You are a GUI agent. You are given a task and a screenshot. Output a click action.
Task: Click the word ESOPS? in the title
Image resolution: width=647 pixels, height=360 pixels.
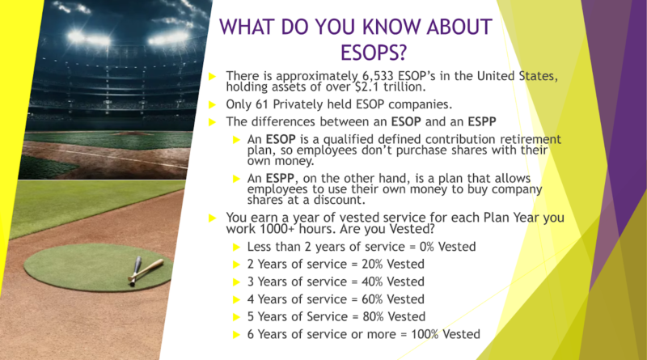[x=374, y=53]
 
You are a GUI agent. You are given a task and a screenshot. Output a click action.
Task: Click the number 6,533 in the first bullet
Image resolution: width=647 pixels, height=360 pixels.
[x=378, y=76]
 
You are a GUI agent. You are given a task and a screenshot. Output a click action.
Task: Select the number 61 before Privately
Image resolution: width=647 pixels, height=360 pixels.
[x=261, y=104]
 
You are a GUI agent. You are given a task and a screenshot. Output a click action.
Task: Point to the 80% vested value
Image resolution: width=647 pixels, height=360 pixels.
[x=373, y=316]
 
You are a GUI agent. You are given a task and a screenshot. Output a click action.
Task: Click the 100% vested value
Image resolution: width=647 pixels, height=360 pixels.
[x=425, y=334]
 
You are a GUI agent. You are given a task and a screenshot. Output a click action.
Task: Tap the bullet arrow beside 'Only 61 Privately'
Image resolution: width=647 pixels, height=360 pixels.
[x=213, y=104]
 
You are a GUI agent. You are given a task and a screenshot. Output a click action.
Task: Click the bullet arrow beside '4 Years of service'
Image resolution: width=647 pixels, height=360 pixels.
[x=236, y=299]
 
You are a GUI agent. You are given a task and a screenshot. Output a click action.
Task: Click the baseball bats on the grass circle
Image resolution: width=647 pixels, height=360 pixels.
[x=145, y=270]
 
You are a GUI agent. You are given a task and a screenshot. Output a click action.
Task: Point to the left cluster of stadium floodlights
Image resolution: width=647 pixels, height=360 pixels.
[x=89, y=38]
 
